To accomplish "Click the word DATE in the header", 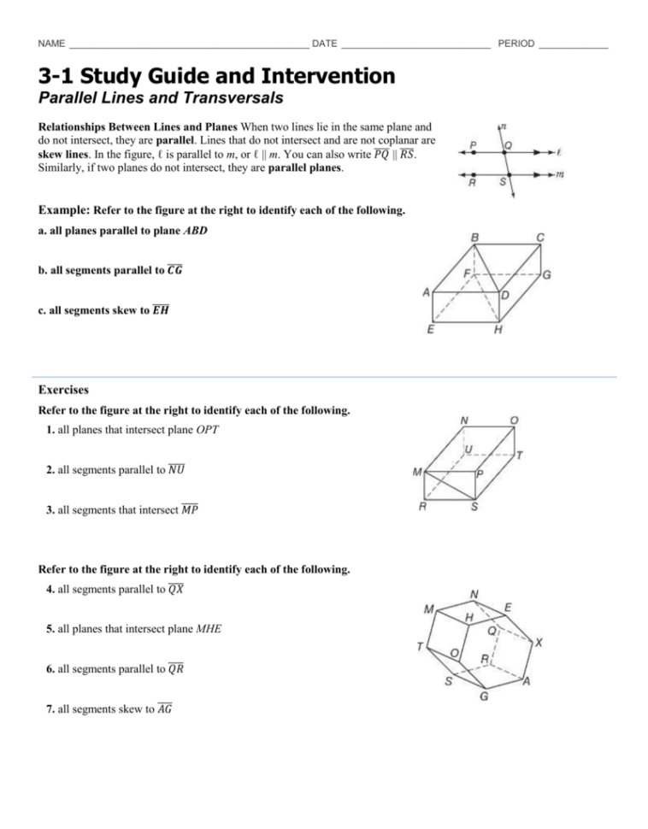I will click(325, 43).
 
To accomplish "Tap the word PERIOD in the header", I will click(515, 43).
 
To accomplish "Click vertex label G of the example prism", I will click(546, 276).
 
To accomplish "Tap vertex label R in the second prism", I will click(422, 506).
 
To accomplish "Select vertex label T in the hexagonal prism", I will click(420, 646).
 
